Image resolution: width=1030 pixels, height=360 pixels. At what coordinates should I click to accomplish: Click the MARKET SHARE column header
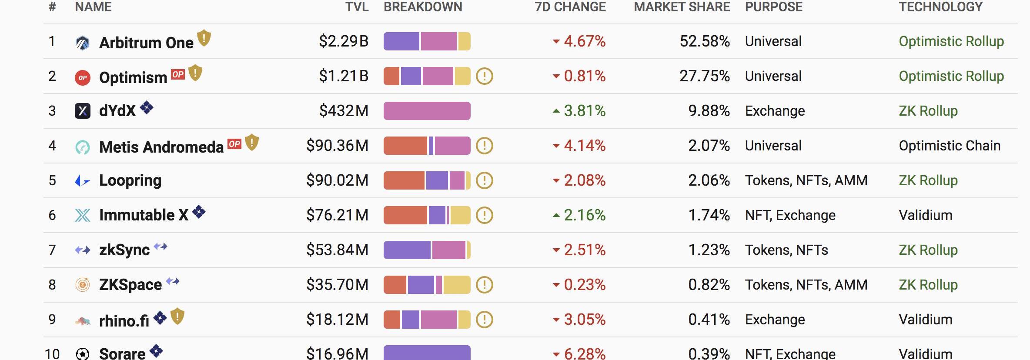pos(682,7)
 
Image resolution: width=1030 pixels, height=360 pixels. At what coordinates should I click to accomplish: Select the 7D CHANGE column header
pos(570,7)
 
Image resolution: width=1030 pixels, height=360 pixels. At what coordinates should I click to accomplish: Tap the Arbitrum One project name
pos(146,43)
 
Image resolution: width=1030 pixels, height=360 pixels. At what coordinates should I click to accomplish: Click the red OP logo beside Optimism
pos(83,77)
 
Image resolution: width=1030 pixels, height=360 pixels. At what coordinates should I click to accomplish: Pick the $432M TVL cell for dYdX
pos(344,111)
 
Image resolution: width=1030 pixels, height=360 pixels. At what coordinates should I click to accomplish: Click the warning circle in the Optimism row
pos(484,77)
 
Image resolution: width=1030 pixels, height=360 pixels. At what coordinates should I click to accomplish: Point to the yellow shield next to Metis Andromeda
pos(252,143)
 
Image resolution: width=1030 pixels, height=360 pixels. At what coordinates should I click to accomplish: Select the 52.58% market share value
pos(705,41)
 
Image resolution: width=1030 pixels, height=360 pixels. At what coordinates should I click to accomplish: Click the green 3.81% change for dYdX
pos(584,111)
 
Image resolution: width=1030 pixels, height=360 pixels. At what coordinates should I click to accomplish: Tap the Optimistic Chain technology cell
pos(950,146)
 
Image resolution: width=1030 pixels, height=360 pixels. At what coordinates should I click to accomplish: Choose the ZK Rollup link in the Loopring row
pos(928,180)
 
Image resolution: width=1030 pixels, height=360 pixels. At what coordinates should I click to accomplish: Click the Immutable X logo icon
pos(83,215)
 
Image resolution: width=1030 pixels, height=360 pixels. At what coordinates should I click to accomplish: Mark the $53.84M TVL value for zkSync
pos(337,250)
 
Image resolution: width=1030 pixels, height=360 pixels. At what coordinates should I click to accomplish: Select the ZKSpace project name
pos(130,285)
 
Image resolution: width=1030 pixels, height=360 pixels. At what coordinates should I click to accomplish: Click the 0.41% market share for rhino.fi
pos(709,320)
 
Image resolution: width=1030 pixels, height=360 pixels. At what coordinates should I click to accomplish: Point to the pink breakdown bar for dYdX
pos(427,111)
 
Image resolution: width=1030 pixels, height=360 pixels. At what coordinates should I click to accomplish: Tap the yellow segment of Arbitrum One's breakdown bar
pos(464,41)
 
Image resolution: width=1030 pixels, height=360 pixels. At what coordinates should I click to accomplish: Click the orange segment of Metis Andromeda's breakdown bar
pos(405,146)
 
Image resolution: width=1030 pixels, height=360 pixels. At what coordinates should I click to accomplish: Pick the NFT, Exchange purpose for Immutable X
pos(790,215)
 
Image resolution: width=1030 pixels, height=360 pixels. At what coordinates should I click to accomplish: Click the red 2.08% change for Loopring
pos(584,180)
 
